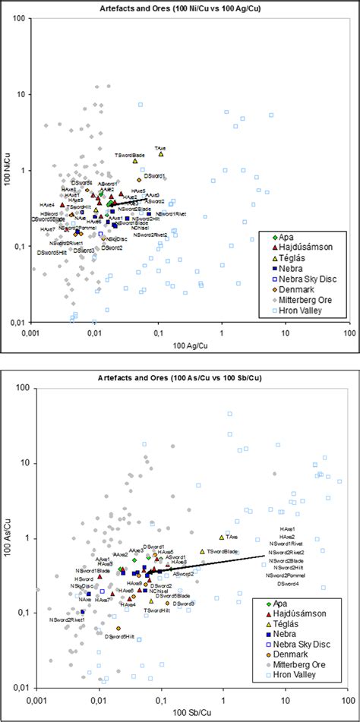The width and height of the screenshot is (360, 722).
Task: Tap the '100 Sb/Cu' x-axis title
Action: pyautogui.click(x=189, y=714)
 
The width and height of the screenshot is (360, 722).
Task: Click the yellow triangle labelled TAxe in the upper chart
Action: pyautogui.click(x=161, y=154)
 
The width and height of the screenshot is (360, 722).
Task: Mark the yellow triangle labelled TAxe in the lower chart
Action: pyautogui.click(x=223, y=538)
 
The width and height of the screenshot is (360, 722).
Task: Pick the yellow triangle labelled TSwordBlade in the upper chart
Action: pyautogui.click(x=135, y=161)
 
